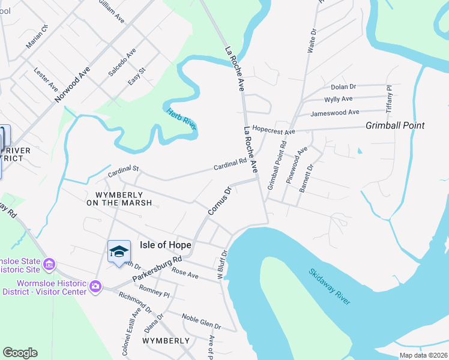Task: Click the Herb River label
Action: coord(182,116)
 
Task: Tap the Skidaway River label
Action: coord(330,286)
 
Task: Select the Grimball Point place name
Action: coord(395,125)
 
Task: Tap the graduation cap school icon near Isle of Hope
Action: coord(119,251)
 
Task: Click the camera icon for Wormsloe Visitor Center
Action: coord(95,287)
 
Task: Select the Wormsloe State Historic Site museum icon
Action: coord(50,263)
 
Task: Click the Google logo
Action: coord(20,353)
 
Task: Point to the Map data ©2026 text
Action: coord(423,355)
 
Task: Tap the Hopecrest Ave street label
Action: coord(274,130)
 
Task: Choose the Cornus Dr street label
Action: coord(219,202)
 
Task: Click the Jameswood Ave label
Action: coord(334,112)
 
